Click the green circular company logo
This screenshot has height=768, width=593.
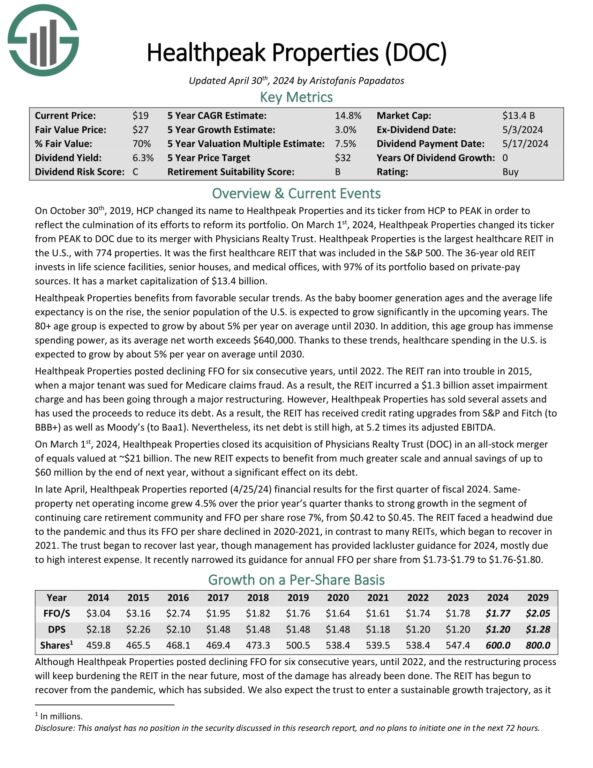(x=43, y=40)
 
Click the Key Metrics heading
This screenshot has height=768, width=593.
(x=296, y=97)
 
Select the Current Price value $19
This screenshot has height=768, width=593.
(x=141, y=116)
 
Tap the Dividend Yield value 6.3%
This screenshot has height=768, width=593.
(x=143, y=158)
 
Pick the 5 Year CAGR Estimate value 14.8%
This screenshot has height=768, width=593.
(x=348, y=116)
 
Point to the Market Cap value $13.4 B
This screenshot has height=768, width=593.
(x=518, y=116)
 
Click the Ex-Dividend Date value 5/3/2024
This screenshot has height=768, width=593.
(x=523, y=130)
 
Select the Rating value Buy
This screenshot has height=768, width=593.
(x=510, y=172)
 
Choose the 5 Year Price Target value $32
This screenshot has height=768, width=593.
(x=343, y=158)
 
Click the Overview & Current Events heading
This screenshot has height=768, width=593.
(x=296, y=194)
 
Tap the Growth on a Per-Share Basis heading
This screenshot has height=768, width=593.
(x=296, y=580)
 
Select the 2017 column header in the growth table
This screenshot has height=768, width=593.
(x=218, y=598)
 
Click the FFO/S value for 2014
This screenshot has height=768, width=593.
(x=98, y=614)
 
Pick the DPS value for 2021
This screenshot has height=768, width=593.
(x=378, y=629)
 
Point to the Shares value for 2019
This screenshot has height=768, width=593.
(x=298, y=645)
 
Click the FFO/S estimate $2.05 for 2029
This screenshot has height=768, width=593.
(x=538, y=614)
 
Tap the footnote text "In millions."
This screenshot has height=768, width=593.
(x=61, y=716)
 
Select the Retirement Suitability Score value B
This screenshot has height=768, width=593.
(x=338, y=172)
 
